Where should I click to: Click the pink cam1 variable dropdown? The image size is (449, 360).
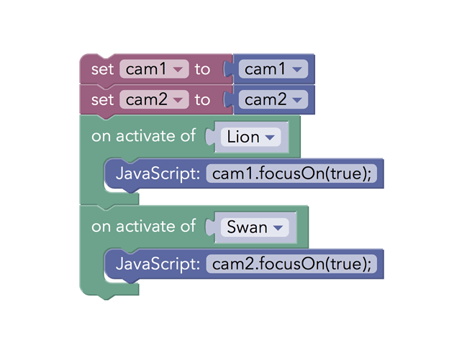[154, 69]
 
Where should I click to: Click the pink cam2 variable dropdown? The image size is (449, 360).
[154, 99]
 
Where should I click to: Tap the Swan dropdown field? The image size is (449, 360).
[254, 228]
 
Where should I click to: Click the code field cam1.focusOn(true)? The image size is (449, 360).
[291, 174]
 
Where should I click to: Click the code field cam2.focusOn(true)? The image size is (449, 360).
[291, 264]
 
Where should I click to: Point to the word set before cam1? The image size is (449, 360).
[103, 69]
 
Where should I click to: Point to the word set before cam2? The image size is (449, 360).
[103, 99]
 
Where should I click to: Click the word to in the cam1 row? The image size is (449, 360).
[202, 69]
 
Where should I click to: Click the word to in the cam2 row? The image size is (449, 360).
[202, 99]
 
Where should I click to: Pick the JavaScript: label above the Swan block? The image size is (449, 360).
[158, 174]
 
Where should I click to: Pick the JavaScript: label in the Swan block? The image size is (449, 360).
[158, 264]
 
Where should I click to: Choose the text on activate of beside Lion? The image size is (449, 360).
[143, 136]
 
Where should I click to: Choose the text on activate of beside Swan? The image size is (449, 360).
[143, 227]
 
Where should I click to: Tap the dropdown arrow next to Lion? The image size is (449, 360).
[270, 138]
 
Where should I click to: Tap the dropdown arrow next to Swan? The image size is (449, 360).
[278, 228]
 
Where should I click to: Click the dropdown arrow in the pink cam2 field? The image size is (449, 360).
[178, 100]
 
